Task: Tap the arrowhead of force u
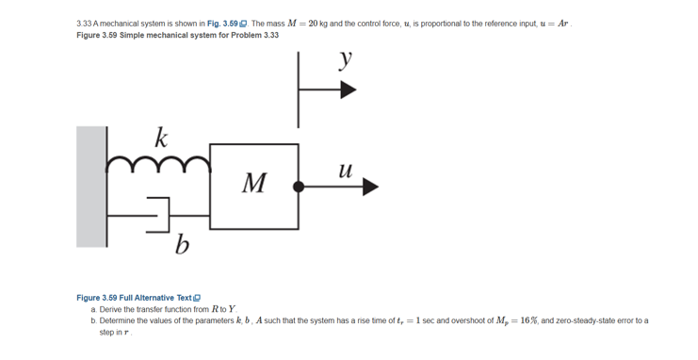[x=369, y=187]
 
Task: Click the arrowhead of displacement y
[x=349, y=90]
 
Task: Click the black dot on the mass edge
[x=299, y=187]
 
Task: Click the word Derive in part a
[x=114, y=309]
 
